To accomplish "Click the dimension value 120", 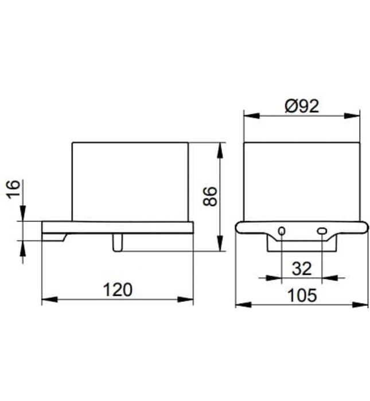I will [x=118, y=289].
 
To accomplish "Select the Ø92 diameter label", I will [x=302, y=106].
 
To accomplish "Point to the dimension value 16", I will [x=14, y=190].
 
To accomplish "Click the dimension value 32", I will [x=302, y=268].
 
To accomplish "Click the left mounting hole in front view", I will [x=282, y=231].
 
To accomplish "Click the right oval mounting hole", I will [x=322, y=231].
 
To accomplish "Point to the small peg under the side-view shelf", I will [x=117, y=243].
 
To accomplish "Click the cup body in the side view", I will [x=130, y=180].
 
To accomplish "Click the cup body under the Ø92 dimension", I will [x=302, y=180].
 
